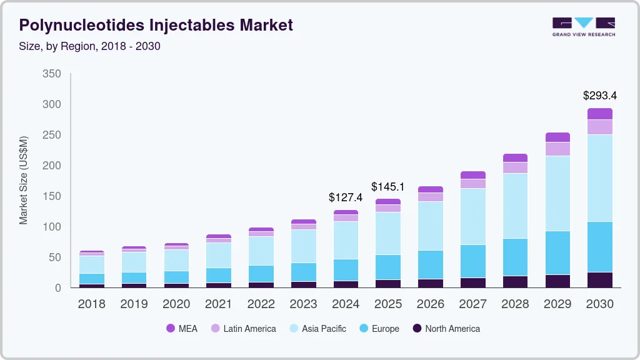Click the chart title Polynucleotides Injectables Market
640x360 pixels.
(x=156, y=25)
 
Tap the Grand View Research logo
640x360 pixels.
(x=583, y=27)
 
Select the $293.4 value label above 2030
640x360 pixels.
(x=600, y=96)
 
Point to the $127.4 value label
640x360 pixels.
(x=346, y=197)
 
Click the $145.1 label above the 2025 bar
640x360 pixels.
(x=388, y=186)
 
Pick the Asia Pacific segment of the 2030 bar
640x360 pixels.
(x=600, y=178)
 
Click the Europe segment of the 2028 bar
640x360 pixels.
(x=516, y=257)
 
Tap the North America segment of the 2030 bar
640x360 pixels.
(x=600, y=280)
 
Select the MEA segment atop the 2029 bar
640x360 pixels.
(x=557, y=137)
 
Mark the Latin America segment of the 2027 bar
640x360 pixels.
(x=473, y=184)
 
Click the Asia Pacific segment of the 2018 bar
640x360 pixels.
(x=92, y=265)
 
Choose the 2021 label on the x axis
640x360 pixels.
(x=218, y=304)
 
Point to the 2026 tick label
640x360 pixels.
(x=431, y=304)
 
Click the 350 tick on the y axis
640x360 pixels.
(x=52, y=74)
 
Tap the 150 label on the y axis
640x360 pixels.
(x=52, y=196)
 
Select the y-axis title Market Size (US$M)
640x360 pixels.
(x=24, y=180)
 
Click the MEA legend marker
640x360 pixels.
(x=170, y=329)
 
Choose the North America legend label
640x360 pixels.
(x=452, y=329)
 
